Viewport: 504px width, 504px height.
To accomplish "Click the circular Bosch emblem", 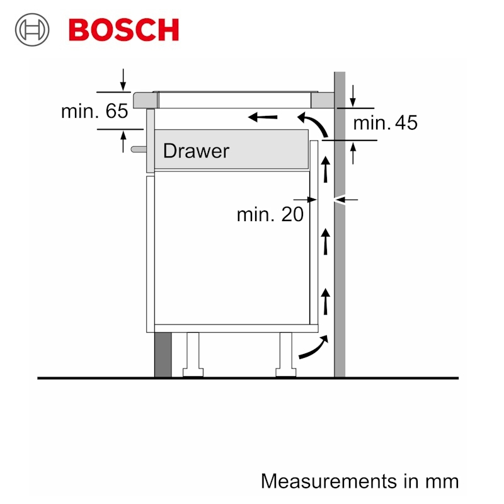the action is [32, 30].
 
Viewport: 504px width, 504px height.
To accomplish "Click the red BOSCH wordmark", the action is [123, 30].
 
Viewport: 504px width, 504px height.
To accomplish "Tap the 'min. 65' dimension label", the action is [94, 111].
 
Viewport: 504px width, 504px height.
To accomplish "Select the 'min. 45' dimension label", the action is [386, 122].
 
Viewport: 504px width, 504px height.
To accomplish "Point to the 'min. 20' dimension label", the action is [270, 214].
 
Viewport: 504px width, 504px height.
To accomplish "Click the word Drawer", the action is [196, 151].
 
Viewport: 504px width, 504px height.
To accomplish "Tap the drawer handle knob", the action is [139, 149].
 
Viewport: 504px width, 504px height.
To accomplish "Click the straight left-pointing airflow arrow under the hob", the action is [263, 117].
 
